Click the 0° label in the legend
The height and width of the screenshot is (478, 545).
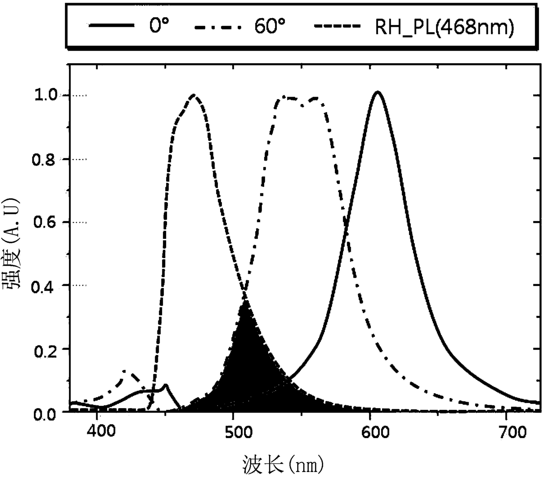click(x=159, y=26)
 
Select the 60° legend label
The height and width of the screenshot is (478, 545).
click(x=270, y=26)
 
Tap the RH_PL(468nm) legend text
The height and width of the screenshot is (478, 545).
click(x=444, y=27)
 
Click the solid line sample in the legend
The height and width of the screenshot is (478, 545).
click(x=111, y=25)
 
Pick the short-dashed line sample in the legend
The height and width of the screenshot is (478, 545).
click(x=337, y=26)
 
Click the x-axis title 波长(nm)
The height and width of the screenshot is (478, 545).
click(x=283, y=464)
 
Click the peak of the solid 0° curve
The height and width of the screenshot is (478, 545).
click(x=378, y=92)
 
